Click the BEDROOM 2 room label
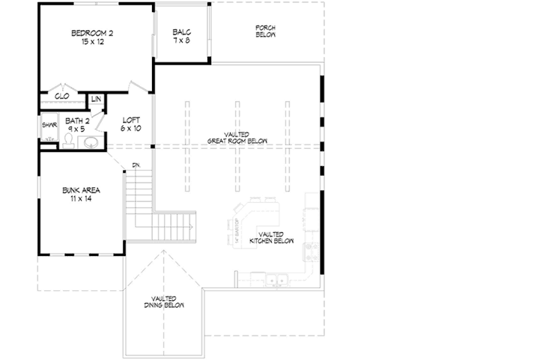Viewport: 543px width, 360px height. [92, 33]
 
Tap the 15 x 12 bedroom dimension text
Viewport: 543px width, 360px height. [92, 42]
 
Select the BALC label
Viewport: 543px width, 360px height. [181, 32]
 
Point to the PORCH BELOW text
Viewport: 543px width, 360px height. [265, 31]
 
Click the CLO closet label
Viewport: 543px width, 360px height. [61, 97]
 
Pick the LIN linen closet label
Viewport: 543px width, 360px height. [96, 100]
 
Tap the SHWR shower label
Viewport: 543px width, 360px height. [49, 126]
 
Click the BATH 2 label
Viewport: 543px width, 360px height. [76, 120]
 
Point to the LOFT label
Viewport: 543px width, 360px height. [131, 119]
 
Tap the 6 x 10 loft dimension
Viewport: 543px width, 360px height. [131, 128]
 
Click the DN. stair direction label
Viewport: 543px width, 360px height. [136, 165]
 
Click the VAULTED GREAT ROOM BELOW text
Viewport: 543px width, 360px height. [237, 137]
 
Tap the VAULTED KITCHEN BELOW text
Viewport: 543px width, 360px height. [271, 238]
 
